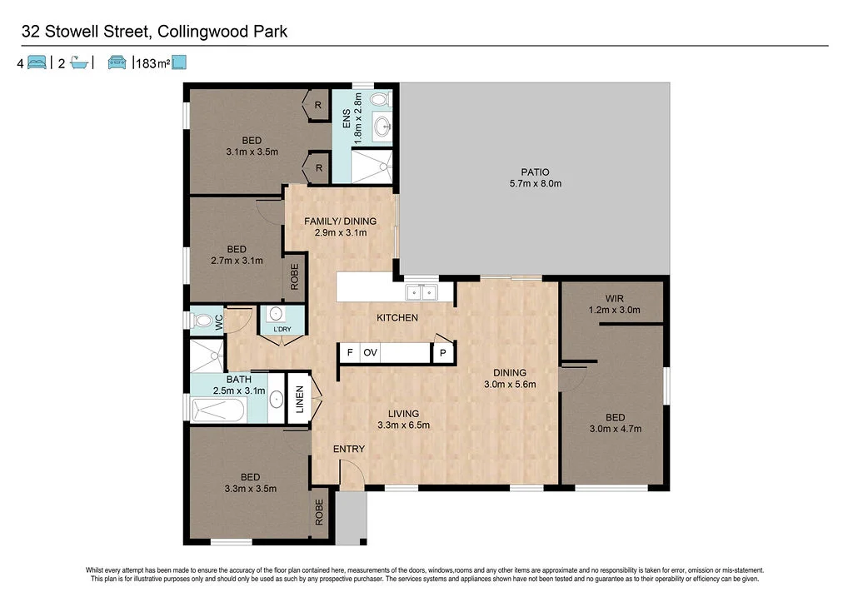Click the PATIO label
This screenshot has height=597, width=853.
[536, 172]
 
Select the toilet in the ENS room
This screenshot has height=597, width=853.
[379, 99]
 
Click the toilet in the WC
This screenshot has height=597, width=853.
[202, 321]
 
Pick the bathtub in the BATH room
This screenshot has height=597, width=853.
[219, 410]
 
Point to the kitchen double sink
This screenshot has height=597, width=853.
[421, 291]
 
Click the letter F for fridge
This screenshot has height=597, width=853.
[350, 353]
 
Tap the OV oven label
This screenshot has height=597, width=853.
[371, 353]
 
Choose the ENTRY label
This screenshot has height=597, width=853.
[349, 450]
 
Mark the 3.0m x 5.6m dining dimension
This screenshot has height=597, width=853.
[509, 385]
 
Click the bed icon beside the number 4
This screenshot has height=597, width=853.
[37, 62]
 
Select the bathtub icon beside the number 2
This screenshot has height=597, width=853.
[79, 62]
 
